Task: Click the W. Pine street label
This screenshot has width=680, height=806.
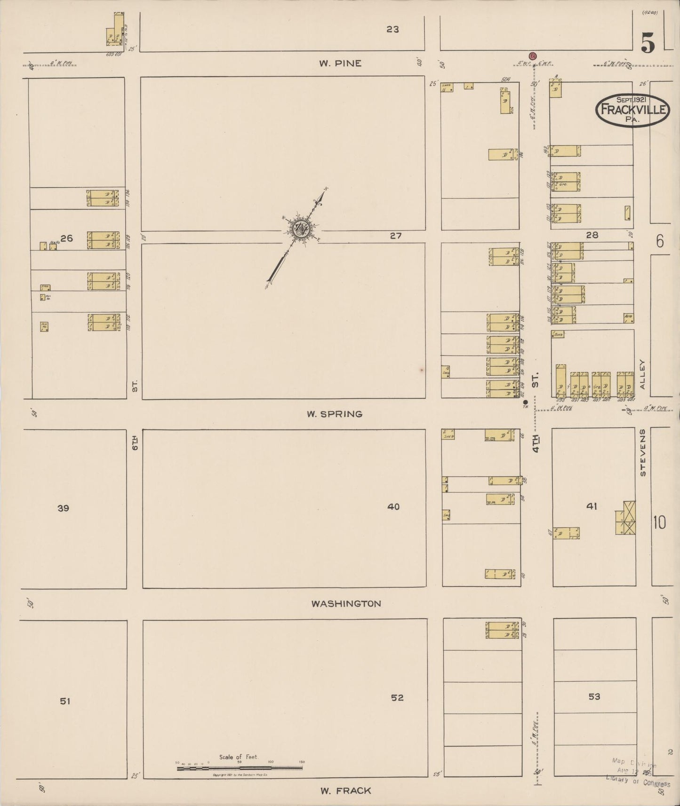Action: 340,63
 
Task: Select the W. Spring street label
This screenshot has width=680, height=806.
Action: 335,414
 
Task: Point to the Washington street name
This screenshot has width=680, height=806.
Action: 346,603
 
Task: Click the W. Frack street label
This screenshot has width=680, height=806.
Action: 346,790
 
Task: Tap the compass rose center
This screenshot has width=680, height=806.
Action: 301,229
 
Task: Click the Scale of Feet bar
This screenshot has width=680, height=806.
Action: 240,768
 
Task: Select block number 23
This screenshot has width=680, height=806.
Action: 392,29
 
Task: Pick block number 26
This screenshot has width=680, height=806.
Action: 66,238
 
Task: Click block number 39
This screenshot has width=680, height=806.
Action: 63,508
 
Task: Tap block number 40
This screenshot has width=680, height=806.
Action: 393,506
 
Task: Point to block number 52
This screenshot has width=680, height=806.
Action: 397,697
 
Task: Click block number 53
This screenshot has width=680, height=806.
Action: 594,696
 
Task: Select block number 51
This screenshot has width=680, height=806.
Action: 65,701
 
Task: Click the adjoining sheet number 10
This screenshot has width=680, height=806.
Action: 659,522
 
